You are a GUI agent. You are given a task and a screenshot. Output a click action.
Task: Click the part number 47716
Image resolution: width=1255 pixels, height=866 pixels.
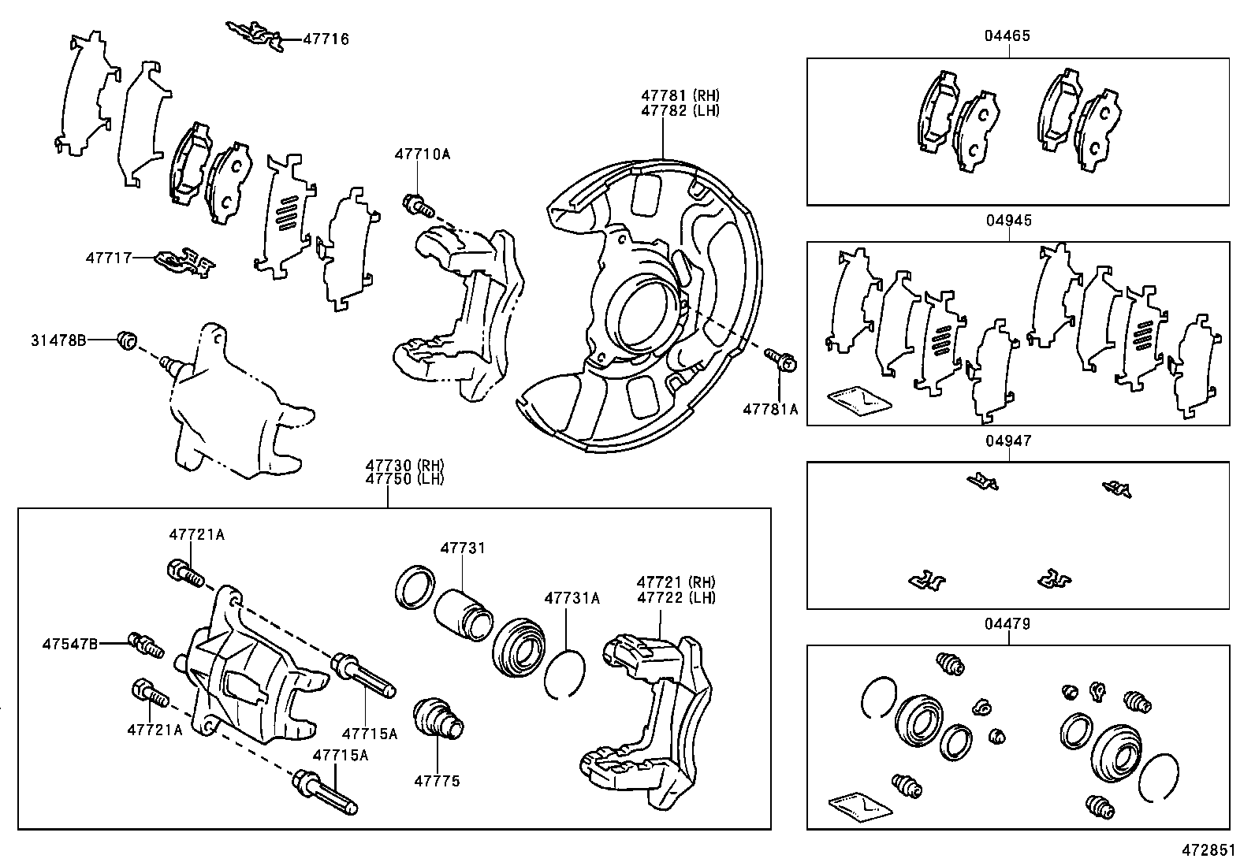point(326,39)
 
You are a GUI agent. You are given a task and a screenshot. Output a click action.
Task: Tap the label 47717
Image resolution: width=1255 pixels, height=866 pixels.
point(109,258)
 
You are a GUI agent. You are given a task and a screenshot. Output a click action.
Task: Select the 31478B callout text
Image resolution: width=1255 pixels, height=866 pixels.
point(58,340)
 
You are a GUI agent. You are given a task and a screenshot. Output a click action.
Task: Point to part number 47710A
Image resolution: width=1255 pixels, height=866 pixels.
point(423,154)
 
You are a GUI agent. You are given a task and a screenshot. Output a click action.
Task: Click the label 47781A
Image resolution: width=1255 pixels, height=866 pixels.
point(770,410)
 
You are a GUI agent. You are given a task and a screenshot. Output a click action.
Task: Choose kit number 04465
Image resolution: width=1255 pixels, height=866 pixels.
point(1007,35)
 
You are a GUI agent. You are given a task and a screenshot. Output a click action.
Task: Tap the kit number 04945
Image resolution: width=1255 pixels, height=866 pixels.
point(1009,221)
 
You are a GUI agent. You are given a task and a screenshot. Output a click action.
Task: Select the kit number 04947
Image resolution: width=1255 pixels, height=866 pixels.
point(1008,441)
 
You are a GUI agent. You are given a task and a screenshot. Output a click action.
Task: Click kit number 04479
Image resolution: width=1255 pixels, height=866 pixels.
point(1007,624)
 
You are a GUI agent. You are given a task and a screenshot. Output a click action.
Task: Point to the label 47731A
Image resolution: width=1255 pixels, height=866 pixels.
point(572,599)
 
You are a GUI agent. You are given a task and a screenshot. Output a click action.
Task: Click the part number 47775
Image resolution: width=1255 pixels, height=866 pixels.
point(437,781)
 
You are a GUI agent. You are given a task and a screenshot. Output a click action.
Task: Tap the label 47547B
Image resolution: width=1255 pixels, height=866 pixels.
point(70,644)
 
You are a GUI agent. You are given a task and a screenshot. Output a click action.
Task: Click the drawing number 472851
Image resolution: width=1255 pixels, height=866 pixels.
point(1208,850)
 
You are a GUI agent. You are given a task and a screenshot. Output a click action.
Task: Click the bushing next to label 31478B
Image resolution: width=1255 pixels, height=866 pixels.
point(127,340)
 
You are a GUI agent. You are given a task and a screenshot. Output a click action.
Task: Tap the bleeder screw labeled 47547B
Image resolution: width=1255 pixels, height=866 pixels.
point(146,645)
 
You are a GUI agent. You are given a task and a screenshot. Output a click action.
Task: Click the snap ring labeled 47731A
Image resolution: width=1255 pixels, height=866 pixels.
point(564,673)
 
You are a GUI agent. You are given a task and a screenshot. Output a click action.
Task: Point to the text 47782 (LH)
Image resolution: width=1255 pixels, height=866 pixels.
point(680,111)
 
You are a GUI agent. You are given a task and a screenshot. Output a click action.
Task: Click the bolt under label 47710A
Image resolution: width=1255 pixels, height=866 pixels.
point(418,205)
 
